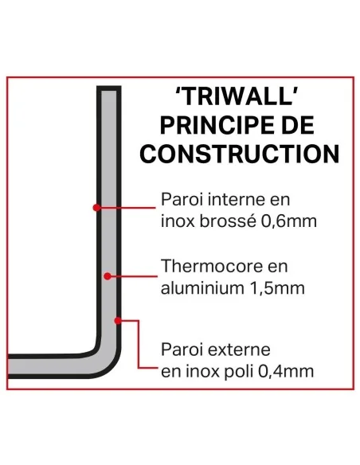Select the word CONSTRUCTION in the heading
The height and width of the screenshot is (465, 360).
click(x=240, y=152)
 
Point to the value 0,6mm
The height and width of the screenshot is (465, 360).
click(x=289, y=221)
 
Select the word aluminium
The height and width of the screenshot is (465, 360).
click(x=196, y=287)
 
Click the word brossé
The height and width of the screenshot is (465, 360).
click(x=229, y=221)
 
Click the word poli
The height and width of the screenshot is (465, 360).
click(x=245, y=370)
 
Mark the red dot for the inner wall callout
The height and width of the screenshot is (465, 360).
click(x=96, y=207)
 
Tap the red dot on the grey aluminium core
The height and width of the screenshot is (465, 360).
click(x=108, y=275)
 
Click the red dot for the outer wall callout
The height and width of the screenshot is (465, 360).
click(x=119, y=320)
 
